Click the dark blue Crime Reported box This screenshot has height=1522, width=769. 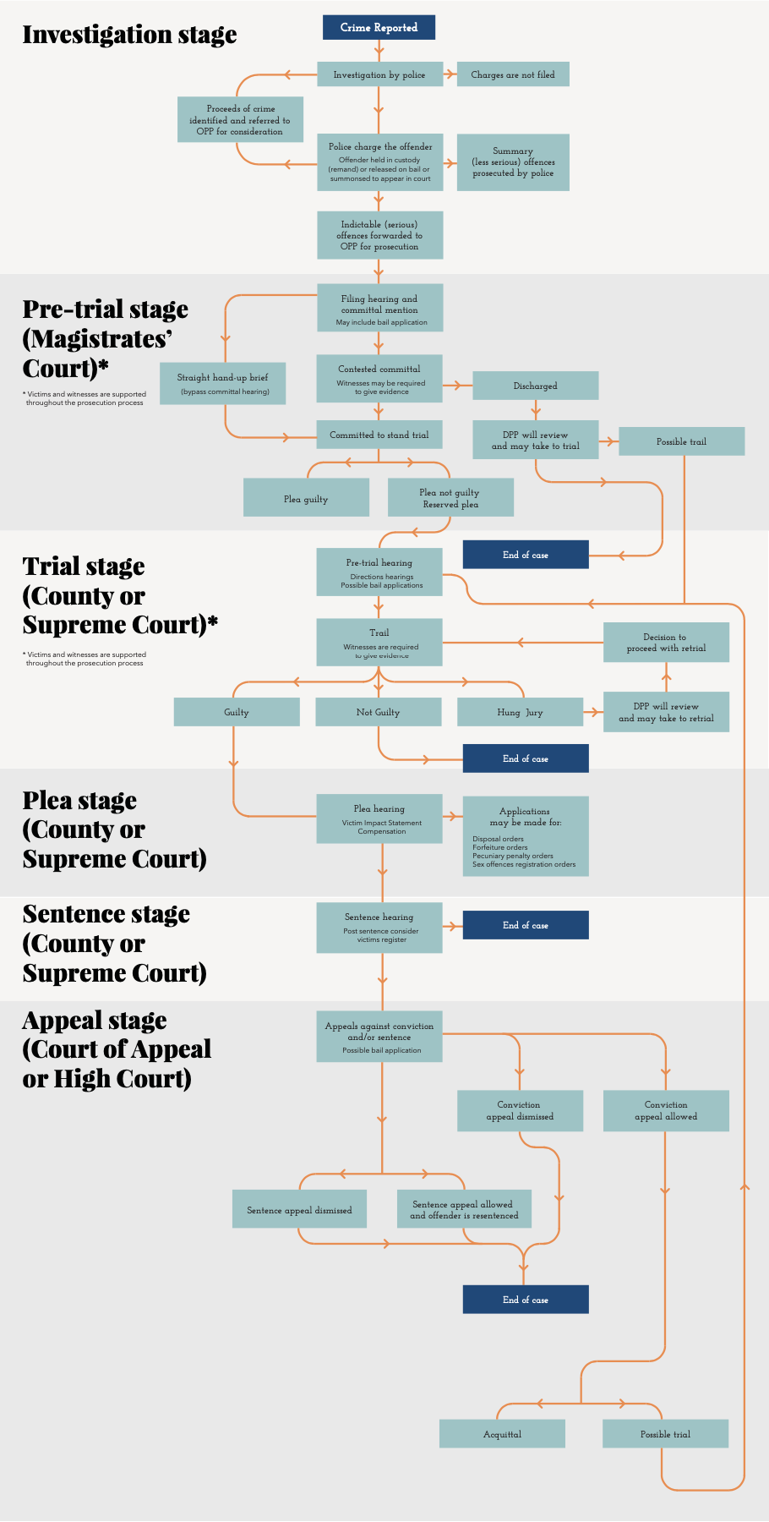coord(379,27)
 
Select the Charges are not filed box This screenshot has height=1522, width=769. coord(513,74)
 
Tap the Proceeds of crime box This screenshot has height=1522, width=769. coord(240,120)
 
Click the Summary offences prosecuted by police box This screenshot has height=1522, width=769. coord(513,162)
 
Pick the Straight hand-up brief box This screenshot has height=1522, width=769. coord(223,384)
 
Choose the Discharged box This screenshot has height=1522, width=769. coord(536,386)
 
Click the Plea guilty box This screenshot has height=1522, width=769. coord(306,498)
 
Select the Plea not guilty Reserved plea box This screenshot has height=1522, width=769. coord(450,498)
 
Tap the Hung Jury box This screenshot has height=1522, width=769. coord(520,712)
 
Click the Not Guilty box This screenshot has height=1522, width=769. coord(379,712)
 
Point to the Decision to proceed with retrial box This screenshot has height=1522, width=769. coord(666,643)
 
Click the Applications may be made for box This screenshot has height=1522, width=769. coord(526,836)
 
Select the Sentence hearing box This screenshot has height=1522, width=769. coord(379,928)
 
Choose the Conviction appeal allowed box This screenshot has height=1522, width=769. coord(666,1110)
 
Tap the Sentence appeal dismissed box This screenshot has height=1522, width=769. coord(299,1209)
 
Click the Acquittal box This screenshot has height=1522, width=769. coord(502,1434)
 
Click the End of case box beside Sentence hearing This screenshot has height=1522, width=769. coord(526,925)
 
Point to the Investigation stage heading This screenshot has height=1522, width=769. coord(129,35)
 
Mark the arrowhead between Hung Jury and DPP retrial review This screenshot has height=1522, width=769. coord(592,713)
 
